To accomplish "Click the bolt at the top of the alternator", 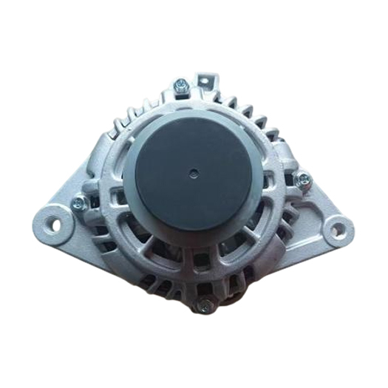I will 181,91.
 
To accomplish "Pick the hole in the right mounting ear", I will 337,229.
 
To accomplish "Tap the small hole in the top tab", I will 208,78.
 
